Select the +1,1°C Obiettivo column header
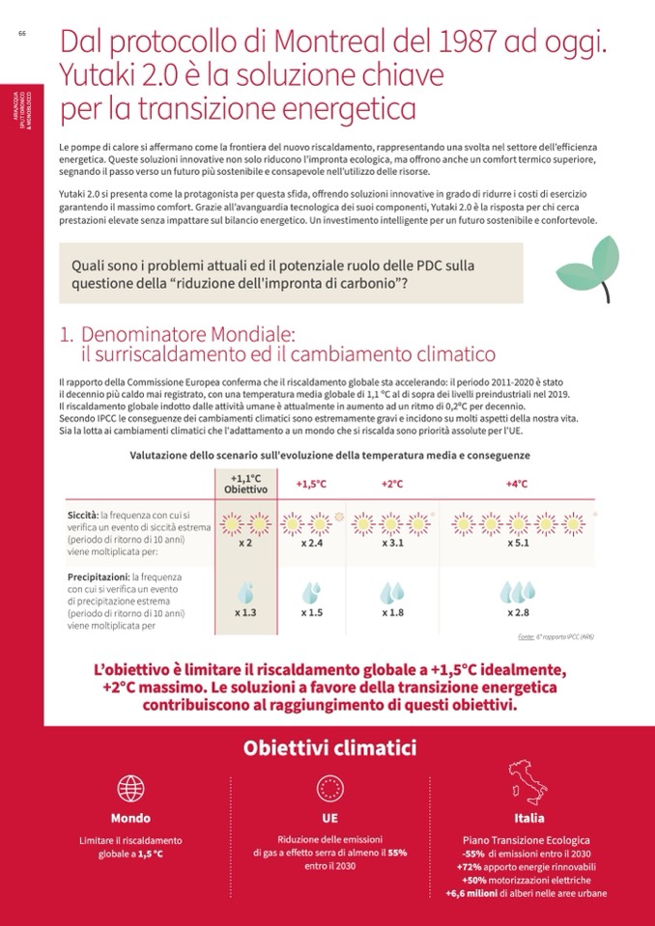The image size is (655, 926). point(245,484)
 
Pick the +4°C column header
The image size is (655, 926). point(517,484)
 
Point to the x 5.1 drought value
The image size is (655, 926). point(518,544)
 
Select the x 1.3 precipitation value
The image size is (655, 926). point(245,612)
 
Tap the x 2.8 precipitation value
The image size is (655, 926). point(518,612)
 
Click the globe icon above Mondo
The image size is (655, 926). point(130,785)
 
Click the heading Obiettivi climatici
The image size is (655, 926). point(329,747)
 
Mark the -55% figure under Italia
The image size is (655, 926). point(473,855)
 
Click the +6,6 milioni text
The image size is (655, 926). point(470,894)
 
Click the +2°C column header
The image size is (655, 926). point(391,484)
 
